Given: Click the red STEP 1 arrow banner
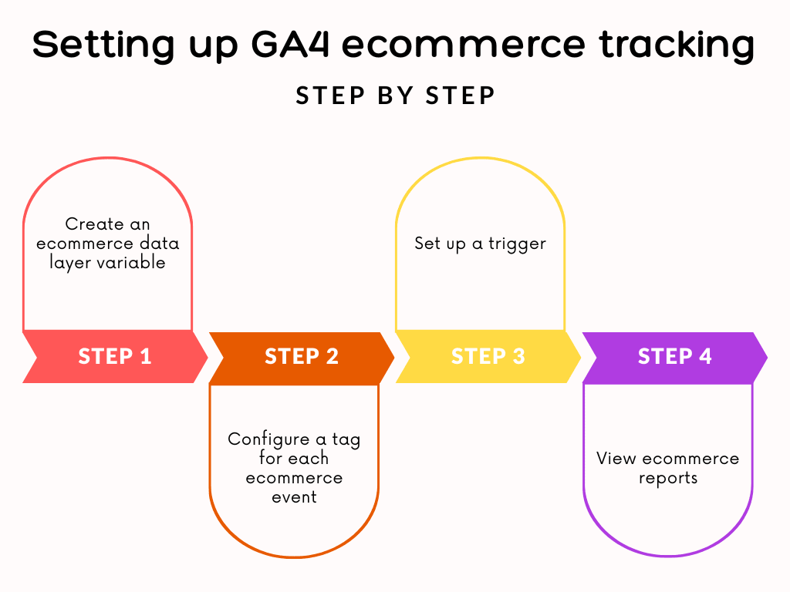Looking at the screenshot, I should click(114, 357).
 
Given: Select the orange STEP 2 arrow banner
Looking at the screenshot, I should click(301, 357).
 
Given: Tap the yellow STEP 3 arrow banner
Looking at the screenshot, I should click(488, 357).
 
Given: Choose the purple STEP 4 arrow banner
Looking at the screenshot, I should click(674, 357).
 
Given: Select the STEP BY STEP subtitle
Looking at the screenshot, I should click(395, 96).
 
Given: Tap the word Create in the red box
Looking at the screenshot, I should click(93, 224).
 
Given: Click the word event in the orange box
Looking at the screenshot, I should click(294, 497).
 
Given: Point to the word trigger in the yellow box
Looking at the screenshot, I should click(516, 244).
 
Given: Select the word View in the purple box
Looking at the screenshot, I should click(616, 459).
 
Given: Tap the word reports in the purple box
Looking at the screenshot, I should click(668, 478).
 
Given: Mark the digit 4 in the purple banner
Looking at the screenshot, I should click(705, 357).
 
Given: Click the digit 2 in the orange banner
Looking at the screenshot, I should click(332, 357).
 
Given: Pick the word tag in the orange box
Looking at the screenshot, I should click(346, 439).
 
